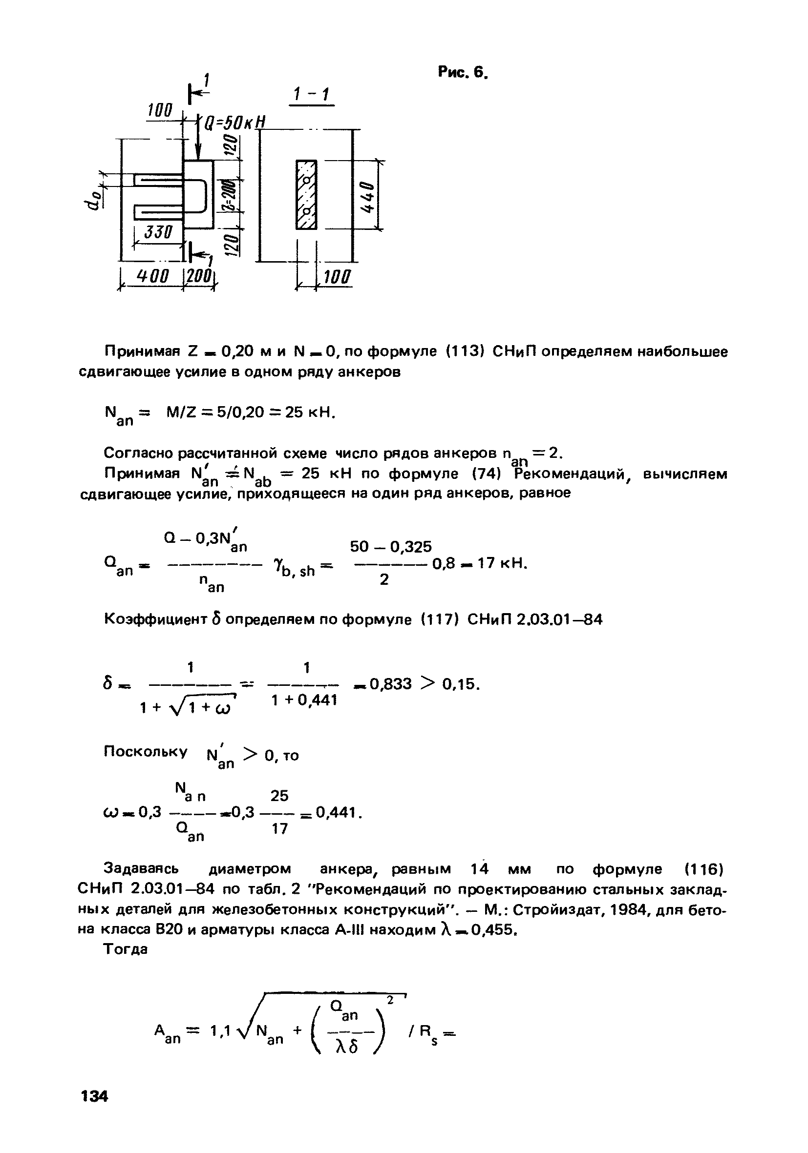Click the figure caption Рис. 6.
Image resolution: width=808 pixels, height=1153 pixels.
462,73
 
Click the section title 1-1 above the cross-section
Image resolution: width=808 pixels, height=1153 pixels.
311,94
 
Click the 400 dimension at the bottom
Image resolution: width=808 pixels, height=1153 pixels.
153,276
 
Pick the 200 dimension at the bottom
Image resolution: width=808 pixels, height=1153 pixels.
200,276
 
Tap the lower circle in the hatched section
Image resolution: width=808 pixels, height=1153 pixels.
306,210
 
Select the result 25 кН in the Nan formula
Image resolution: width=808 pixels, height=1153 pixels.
309,412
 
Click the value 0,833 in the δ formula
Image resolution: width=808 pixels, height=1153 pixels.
390,684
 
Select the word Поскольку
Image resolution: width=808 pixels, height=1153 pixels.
145,751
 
